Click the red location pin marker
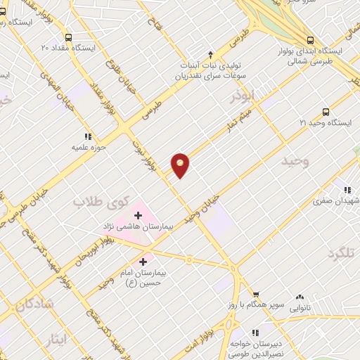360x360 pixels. click(181, 165)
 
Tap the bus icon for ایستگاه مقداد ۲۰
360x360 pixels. click(68, 37)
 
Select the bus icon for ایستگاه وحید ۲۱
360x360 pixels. click(325, 111)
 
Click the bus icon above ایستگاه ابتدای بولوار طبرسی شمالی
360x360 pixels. click(311, 40)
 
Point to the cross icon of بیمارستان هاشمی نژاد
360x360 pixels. click(138, 214)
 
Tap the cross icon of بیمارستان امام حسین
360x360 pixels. click(143, 262)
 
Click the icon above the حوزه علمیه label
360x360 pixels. click(87, 136)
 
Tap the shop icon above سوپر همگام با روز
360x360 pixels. click(257, 294)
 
